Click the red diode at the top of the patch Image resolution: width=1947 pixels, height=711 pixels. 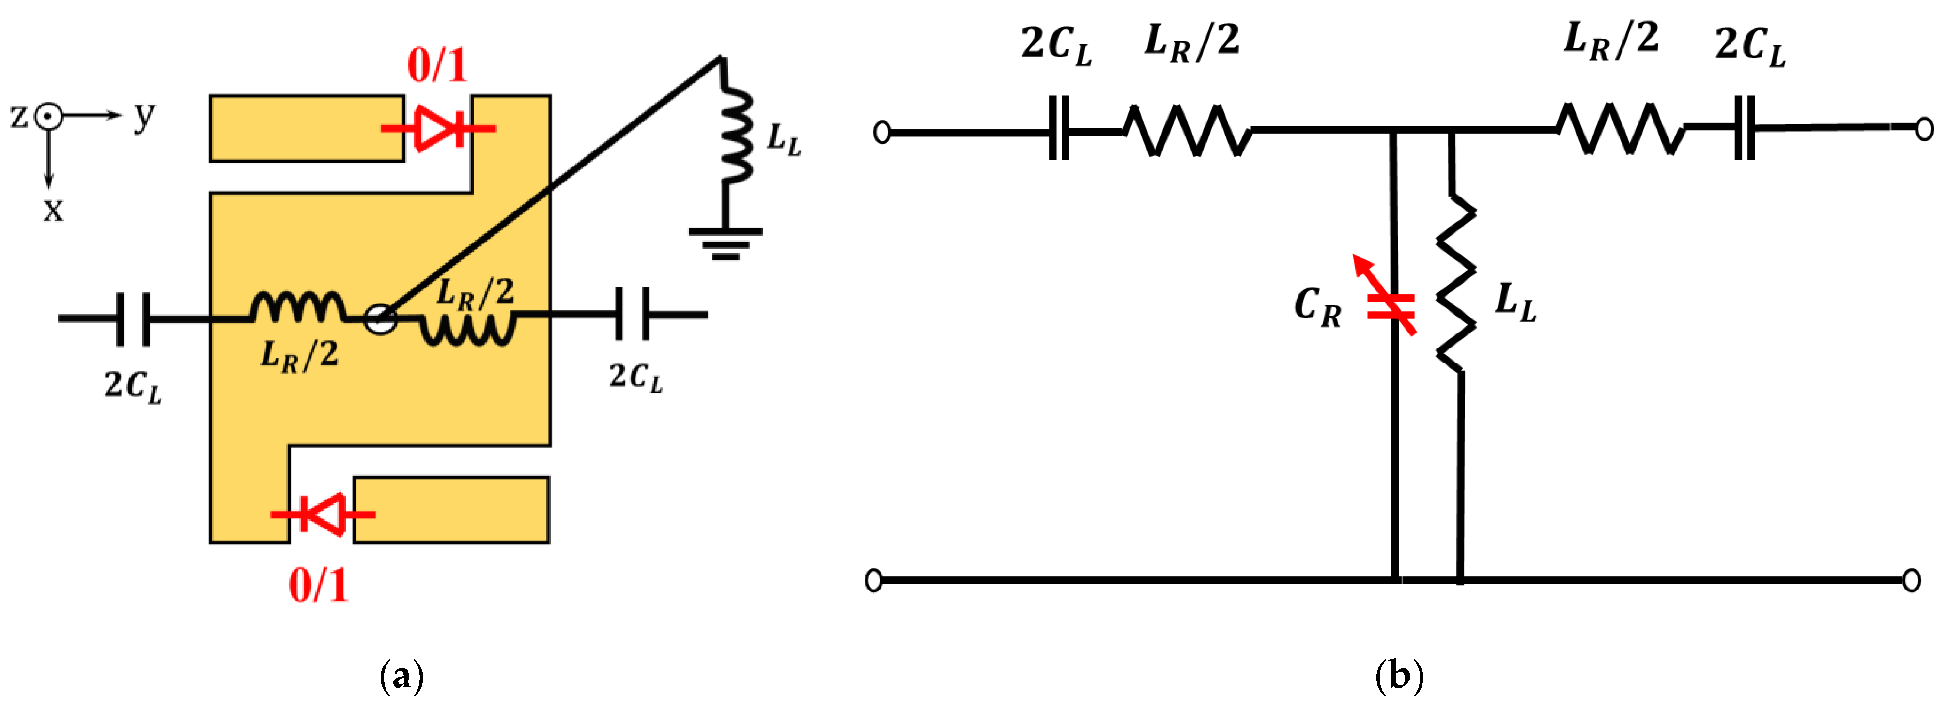click(x=438, y=128)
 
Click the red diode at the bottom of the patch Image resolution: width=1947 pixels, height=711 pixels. click(x=324, y=514)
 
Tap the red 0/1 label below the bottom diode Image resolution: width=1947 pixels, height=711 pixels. click(x=318, y=585)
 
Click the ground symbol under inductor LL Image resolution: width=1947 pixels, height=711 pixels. click(x=726, y=243)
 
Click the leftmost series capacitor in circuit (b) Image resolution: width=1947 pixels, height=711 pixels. click(x=1059, y=132)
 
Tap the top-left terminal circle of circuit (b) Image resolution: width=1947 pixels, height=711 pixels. click(x=881, y=132)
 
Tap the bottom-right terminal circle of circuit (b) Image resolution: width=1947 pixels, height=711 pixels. click(x=1912, y=580)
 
